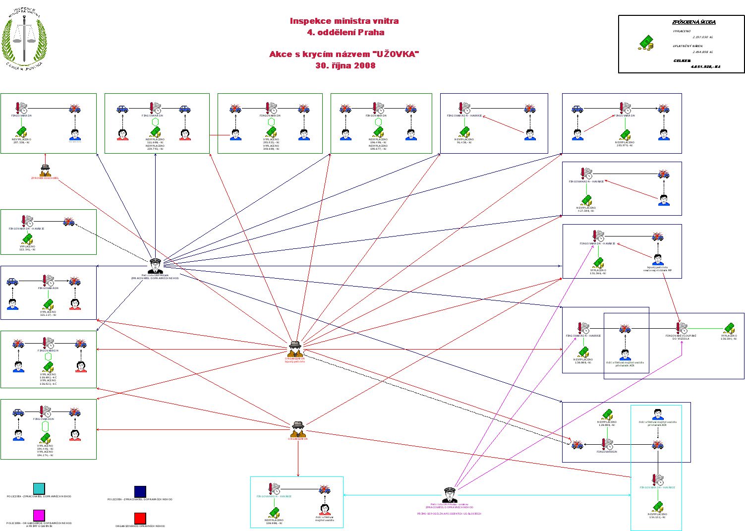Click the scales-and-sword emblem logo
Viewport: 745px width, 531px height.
[x=24, y=39]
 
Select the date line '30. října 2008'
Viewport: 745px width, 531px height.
[x=345, y=65]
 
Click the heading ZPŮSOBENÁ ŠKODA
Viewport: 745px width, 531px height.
[x=693, y=22]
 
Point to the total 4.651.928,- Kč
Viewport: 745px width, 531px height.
[x=705, y=66]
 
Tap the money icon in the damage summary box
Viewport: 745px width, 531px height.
[x=645, y=43]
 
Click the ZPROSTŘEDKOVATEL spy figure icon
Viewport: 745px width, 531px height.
[x=45, y=170]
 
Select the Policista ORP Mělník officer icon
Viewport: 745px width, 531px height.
[x=155, y=266]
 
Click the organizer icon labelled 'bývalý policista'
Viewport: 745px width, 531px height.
[x=295, y=349]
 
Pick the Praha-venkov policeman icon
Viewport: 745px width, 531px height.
[x=450, y=495]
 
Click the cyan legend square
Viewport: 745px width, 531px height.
[x=39, y=489]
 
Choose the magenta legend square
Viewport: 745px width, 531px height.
[x=39, y=515]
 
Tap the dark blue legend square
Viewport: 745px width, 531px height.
[x=140, y=491]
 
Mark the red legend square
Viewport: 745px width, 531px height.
[x=140, y=518]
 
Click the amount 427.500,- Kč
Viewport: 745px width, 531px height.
[x=586, y=211]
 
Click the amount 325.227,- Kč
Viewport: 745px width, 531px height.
[x=48, y=315]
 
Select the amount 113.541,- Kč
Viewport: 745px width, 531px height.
[x=27, y=249]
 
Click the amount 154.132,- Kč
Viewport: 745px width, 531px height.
[x=658, y=517]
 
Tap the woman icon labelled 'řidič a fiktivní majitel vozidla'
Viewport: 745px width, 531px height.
[x=325, y=509]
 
